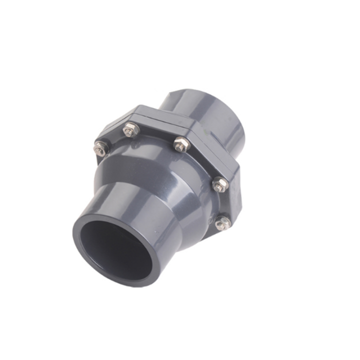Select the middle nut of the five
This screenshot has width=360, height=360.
[x=178, y=146]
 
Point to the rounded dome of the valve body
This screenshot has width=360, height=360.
[x=160, y=175]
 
